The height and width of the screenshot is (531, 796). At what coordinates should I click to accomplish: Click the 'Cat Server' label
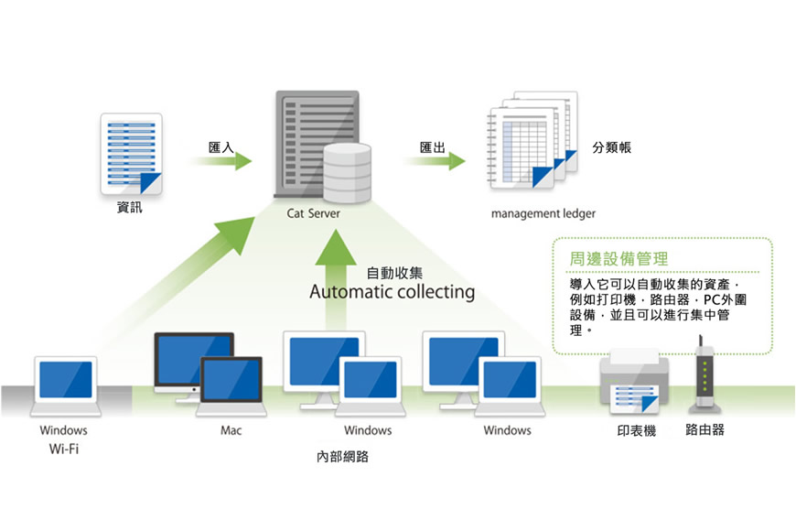pyautogui.click(x=313, y=213)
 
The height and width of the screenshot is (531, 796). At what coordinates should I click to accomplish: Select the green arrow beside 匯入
pyautogui.click(x=222, y=161)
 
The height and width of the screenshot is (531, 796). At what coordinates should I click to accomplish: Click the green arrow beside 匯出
pyautogui.click(x=436, y=161)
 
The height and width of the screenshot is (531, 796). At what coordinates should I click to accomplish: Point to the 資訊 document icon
pyautogui.click(x=131, y=153)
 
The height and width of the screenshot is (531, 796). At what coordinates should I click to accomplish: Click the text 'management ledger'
pyautogui.click(x=543, y=213)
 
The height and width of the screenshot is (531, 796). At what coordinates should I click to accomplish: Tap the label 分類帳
pyautogui.click(x=611, y=147)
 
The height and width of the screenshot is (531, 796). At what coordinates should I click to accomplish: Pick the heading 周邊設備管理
pyautogui.click(x=619, y=258)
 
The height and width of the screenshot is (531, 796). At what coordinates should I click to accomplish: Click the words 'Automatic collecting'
pyautogui.click(x=392, y=292)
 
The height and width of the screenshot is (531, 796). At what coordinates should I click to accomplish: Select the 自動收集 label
pyautogui.click(x=393, y=273)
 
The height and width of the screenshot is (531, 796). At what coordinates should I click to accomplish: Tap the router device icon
pyautogui.click(x=705, y=373)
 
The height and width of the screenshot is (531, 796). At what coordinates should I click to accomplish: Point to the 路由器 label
pyautogui.click(x=705, y=428)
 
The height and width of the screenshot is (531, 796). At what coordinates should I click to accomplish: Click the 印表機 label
pyautogui.click(x=630, y=429)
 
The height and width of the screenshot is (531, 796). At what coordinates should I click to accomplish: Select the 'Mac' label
pyautogui.click(x=231, y=429)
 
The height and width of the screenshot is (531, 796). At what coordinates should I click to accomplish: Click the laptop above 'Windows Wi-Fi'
pyautogui.click(x=65, y=385)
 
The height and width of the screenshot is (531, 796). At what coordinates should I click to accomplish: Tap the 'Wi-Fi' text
pyautogui.click(x=63, y=450)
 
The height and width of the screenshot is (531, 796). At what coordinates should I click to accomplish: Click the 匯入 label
pyautogui.click(x=221, y=146)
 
